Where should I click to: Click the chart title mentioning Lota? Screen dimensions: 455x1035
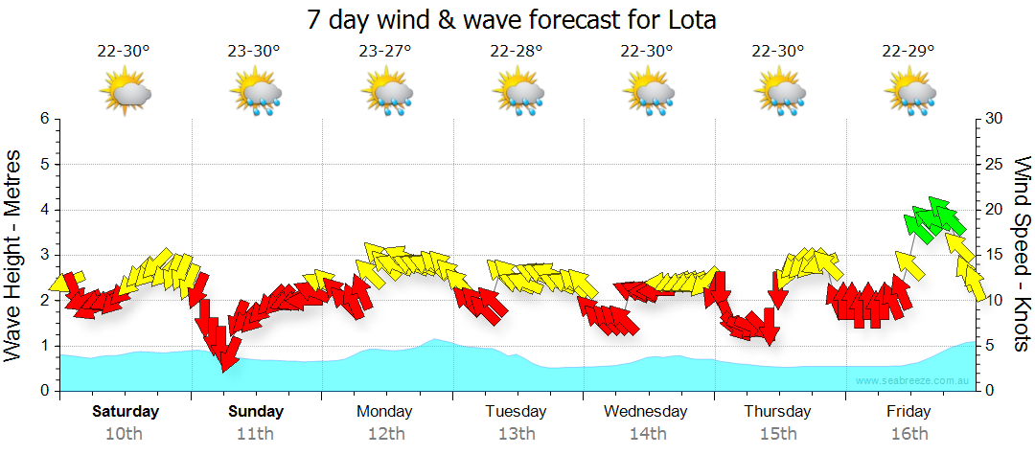[512, 19]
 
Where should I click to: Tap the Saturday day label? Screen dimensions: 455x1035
[125, 412]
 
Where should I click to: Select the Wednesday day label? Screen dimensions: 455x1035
[645, 412]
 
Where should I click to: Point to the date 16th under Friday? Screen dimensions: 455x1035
[908, 433]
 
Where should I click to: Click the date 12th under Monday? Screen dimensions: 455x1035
[385, 433]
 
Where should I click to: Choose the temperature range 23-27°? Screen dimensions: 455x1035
[385, 52]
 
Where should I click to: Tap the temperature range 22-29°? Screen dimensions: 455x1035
[908, 52]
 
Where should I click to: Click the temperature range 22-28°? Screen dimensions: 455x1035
[517, 52]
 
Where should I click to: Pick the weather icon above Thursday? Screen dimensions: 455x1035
[778, 93]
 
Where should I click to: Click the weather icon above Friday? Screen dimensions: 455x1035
[908, 93]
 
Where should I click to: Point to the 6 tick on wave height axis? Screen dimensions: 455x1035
[43, 119]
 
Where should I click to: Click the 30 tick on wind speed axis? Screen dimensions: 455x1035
[994, 119]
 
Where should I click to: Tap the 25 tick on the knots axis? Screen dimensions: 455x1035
[994, 164]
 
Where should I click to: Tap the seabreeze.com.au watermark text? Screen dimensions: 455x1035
[912, 381]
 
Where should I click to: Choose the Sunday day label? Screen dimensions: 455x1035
[256, 412]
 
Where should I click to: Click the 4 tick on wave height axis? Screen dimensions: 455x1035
[43, 210]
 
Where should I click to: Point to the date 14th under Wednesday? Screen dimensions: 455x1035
[647, 433]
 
